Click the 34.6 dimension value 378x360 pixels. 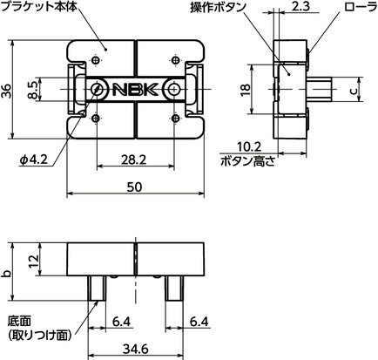[x=135, y=350]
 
